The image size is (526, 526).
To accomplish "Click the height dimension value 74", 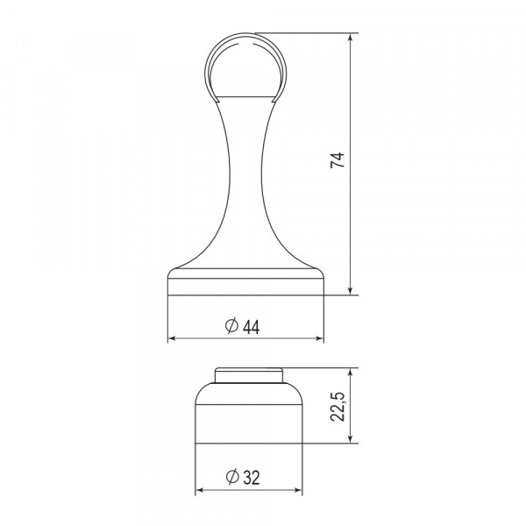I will point(338,161).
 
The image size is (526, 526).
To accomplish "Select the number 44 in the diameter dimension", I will point(251,326).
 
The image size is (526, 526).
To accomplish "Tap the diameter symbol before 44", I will point(231,326).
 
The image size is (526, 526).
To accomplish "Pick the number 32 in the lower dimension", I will point(251,478).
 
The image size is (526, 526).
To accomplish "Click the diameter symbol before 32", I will point(231,478).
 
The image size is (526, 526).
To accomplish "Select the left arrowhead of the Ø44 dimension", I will point(173,338).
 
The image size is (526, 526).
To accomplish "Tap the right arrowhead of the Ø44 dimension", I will point(319,338).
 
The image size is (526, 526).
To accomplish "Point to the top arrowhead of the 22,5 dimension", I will point(352,372).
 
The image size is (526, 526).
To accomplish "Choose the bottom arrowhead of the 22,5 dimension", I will point(352,439).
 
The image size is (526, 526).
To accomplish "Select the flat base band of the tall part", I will point(245,286).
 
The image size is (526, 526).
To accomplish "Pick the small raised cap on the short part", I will point(250,374).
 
